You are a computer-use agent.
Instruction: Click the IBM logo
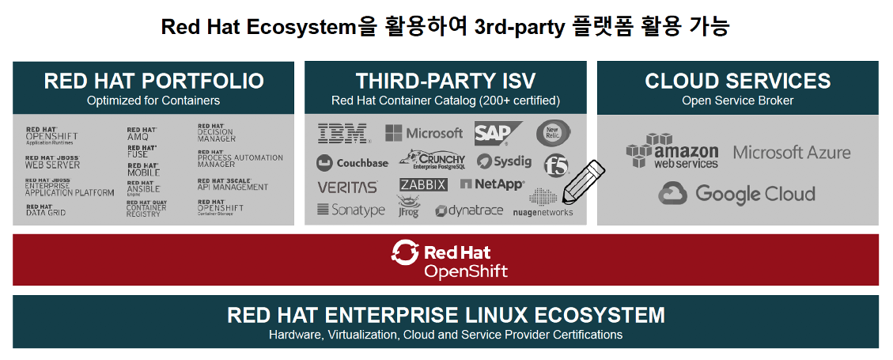(343, 133)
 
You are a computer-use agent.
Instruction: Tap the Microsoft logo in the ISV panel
(423, 133)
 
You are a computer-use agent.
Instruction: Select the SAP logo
(498, 133)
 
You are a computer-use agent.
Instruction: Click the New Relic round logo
(553, 132)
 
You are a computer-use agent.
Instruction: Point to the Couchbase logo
(352, 163)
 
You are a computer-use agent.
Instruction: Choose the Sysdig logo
(504, 161)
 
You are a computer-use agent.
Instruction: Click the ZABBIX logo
(423, 184)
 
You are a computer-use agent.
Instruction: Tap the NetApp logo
(492, 184)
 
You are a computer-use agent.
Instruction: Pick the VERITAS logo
(347, 188)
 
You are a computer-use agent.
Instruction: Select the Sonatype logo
(350, 210)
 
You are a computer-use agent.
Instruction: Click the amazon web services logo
(672, 151)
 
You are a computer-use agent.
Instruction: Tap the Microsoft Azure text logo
(791, 152)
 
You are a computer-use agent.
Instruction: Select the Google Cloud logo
(736, 193)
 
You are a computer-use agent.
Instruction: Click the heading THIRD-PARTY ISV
(445, 81)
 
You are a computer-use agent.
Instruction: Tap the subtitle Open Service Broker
(737, 100)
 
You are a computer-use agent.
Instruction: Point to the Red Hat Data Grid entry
(45, 210)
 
